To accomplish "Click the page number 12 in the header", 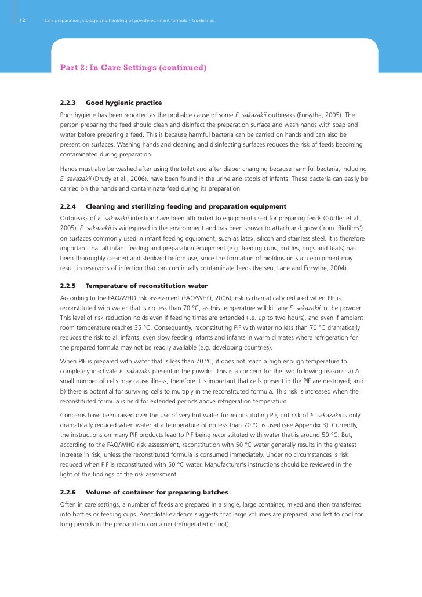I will click(x=21, y=21).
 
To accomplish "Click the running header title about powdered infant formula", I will click(x=129, y=21).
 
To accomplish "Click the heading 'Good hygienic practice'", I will click(x=123, y=103).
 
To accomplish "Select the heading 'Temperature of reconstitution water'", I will click(x=146, y=286).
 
